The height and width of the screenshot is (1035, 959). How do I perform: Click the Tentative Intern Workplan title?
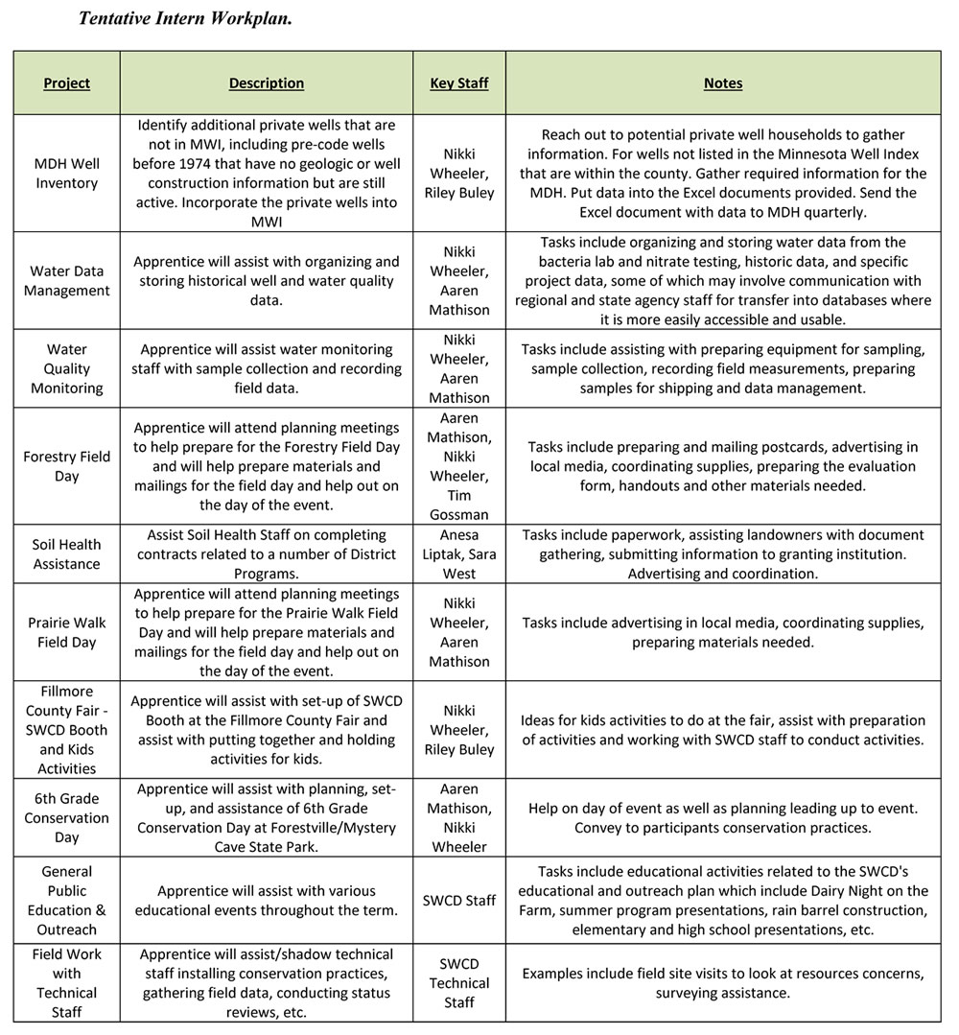tap(185, 18)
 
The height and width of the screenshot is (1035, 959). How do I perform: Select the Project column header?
tap(67, 83)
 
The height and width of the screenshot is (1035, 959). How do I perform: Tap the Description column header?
tap(267, 83)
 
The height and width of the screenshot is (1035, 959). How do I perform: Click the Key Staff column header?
tap(459, 83)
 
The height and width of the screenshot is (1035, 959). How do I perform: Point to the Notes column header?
tap(723, 83)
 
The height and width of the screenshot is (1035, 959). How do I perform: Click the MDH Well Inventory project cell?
tap(67, 174)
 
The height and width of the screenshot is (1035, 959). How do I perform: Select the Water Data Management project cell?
tap(67, 281)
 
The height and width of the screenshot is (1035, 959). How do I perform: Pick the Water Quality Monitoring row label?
tap(67, 368)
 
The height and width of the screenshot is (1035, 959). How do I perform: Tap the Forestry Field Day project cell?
tap(67, 466)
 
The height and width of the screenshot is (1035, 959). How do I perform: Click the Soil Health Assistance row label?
tap(67, 554)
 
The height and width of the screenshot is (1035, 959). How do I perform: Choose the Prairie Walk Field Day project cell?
tap(67, 632)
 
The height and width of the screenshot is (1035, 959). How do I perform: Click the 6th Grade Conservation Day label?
tap(67, 817)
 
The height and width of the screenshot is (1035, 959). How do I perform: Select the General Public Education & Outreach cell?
tap(67, 901)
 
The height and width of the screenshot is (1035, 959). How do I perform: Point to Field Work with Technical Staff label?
tap(67, 983)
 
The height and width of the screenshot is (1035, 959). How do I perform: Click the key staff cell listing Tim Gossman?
tap(459, 466)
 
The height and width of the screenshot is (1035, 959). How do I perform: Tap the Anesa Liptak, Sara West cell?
tap(459, 554)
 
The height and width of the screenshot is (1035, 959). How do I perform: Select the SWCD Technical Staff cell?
tap(459, 983)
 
